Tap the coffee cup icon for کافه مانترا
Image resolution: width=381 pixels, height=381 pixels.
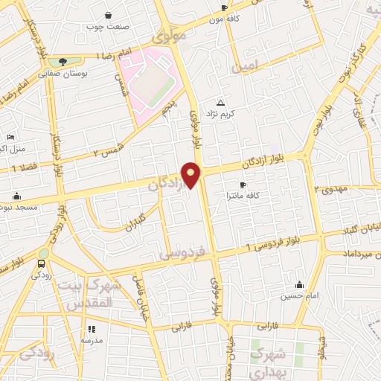coord(243,185)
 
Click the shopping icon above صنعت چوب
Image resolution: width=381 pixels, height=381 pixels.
coord(109,16)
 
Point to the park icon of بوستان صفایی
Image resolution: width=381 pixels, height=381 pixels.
coord(61,61)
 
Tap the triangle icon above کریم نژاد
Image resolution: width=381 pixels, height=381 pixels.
coord(220,103)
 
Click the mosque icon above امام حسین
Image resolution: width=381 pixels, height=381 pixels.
coord(299,284)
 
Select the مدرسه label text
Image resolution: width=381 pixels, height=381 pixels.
coord(92,339)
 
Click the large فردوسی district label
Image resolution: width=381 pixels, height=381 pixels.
coord(181,254)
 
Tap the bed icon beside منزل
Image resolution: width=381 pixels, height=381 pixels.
coord(10,137)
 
